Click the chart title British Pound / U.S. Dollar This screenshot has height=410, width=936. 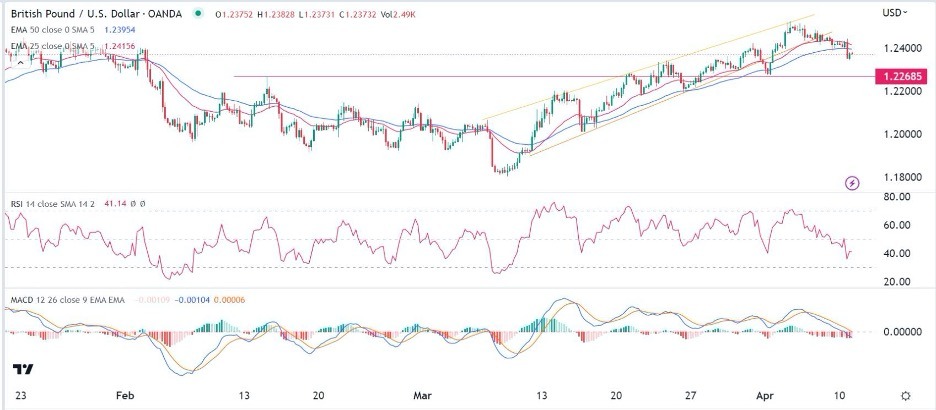pyautogui.click(x=75, y=12)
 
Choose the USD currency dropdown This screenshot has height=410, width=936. pyautogui.click(x=894, y=12)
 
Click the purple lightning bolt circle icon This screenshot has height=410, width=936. pyautogui.click(x=852, y=183)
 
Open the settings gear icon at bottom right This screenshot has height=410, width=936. pyautogui.click(x=905, y=395)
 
